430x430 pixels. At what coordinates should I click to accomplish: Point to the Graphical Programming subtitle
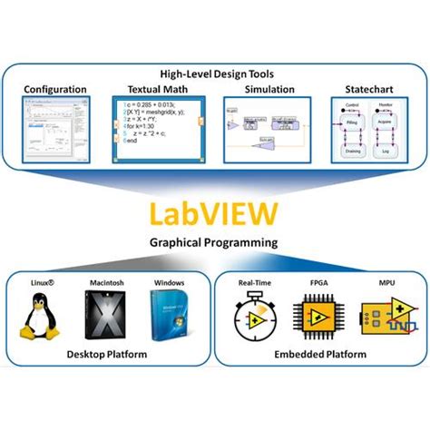[x=214, y=244]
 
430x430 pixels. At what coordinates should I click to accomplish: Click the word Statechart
[x=367, y=90]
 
